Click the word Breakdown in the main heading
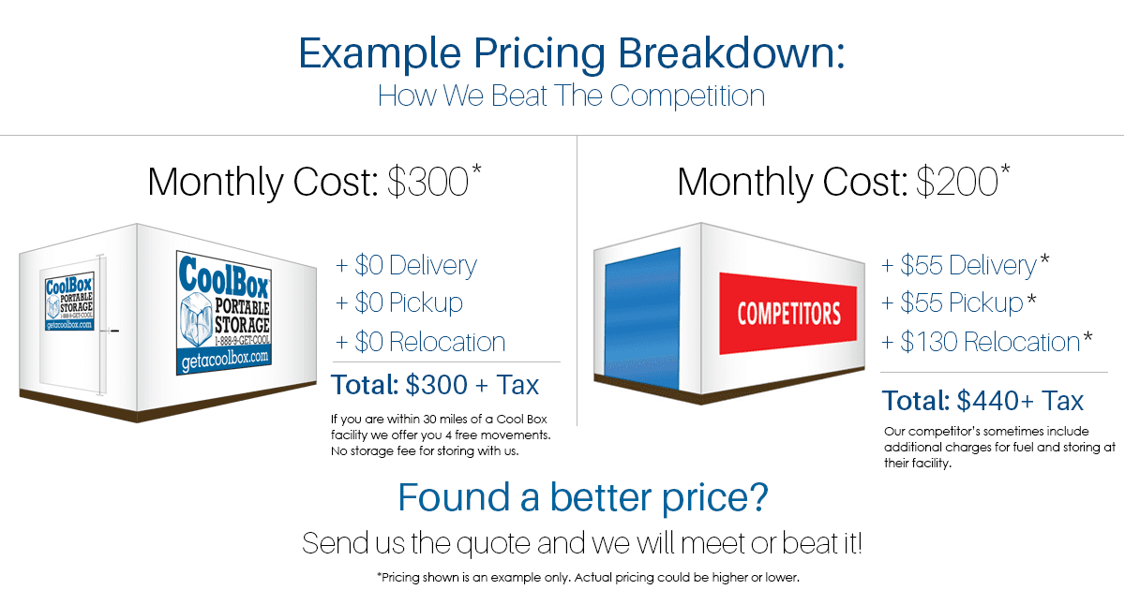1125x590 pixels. pyautogui.click(x=731, y=53)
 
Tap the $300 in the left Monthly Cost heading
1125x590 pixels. pyautogui.click(x=427, y=182)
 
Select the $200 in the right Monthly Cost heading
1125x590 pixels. pyautogui.click(x=957, y=182)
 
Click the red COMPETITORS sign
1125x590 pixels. pyautogui.click(x=788, y=314)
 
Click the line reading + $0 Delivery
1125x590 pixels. pyautogui.click(x=406, y=265)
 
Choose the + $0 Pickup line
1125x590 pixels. pyautogui.click(x=398, y=303)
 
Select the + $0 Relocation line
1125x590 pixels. pyautogui.click(x=420, y=342)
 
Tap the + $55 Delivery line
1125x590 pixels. pyautogui.click(x=965, y=265)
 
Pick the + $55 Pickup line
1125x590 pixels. pyautogui.click(x=958, y=303)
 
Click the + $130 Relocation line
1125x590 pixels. pyautogui.click(x=986, y=342)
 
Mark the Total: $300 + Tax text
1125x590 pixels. pyautogui.click(x=435, y=385)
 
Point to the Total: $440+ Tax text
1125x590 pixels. pyautogui.click(x=982, y=401)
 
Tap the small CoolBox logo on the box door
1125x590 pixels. pyautogui.click(x=69, y=302)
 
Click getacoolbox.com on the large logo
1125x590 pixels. pyautogui.click(x=224, y=360)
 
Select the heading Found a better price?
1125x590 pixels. pyautogui.click(x=583, y=498)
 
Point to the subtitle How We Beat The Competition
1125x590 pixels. pyautogui.click(x=571, y=96)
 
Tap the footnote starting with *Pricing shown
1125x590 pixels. pyautogui.click(x=588, y=578)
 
